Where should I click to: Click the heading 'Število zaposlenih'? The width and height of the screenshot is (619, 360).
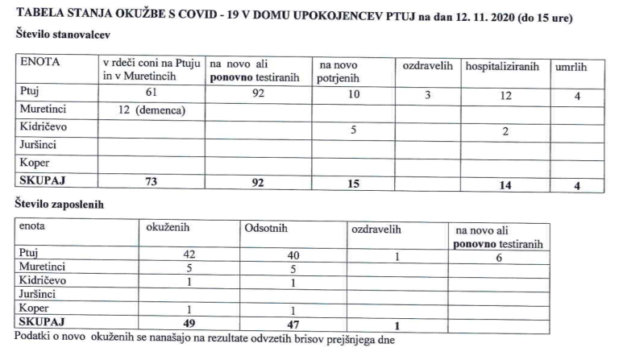point(60,205)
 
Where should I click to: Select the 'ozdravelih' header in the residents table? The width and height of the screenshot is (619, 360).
point(428,64)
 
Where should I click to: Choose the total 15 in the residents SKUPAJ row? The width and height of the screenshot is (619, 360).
point(352,184)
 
